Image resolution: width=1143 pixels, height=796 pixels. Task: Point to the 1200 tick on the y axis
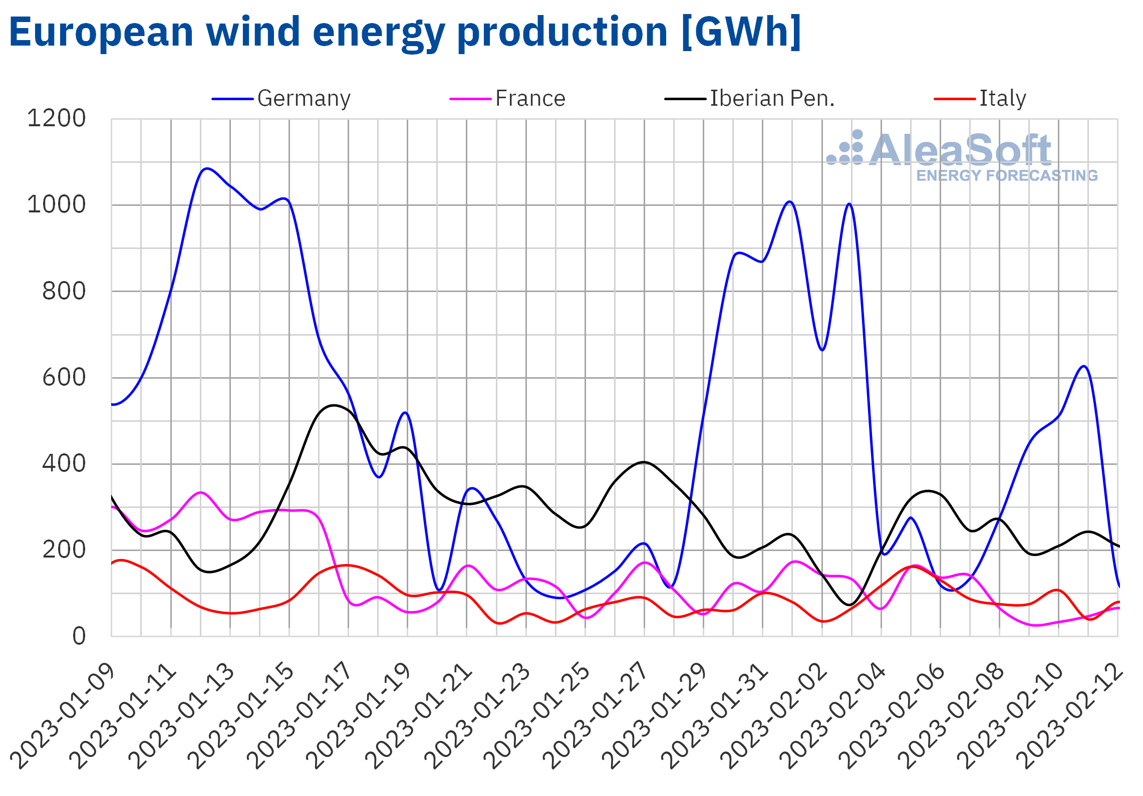(x=56, y=119)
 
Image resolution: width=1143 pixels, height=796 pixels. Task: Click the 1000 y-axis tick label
(x=56, y=205)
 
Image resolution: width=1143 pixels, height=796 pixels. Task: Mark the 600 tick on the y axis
(x=64, y=378)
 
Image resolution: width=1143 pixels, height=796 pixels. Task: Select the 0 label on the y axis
(x=79, y=637)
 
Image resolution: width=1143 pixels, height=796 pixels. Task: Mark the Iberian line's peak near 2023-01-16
(x=334, y=405)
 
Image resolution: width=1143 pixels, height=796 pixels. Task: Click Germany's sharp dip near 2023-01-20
(x=439, y=590)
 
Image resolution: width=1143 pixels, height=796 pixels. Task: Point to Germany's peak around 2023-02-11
(x=1084, y=366)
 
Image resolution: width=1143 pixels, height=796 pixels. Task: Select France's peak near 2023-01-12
(x=201, y=492)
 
